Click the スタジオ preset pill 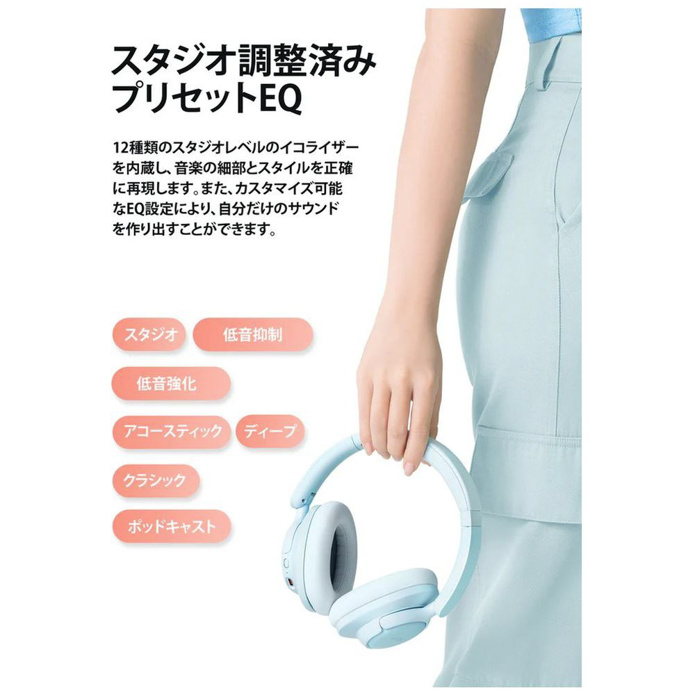(149, 335)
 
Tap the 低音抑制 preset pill (253, 335)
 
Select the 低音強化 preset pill (171, 384)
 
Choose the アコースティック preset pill (172, 432)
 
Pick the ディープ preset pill (270, 432)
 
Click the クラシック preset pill (155, 480)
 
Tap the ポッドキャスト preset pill (172, 527)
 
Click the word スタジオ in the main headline (173, 60)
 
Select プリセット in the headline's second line (186, 99)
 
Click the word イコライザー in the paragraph (316, 147)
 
